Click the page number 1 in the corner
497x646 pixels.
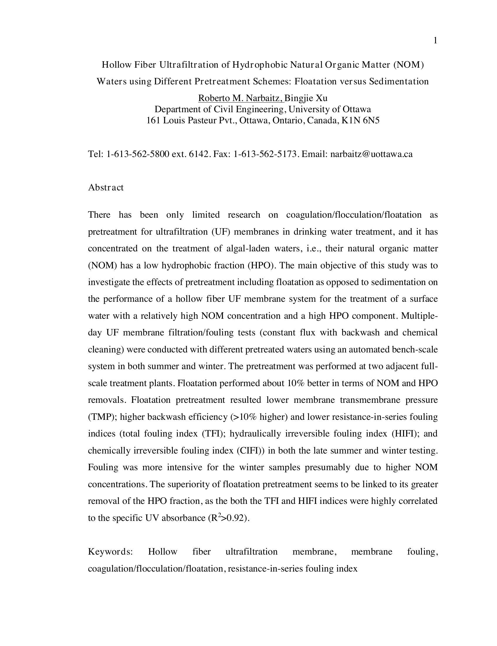tap(435, 41)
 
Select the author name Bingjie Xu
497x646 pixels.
tap(306, 98)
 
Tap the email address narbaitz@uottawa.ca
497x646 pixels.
tap(371, 154)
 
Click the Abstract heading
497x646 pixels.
tap(106, 188)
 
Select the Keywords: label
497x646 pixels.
tap(110, 552)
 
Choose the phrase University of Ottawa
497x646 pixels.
tap(329, 109)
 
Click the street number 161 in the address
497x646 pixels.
tap(153, 120)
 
